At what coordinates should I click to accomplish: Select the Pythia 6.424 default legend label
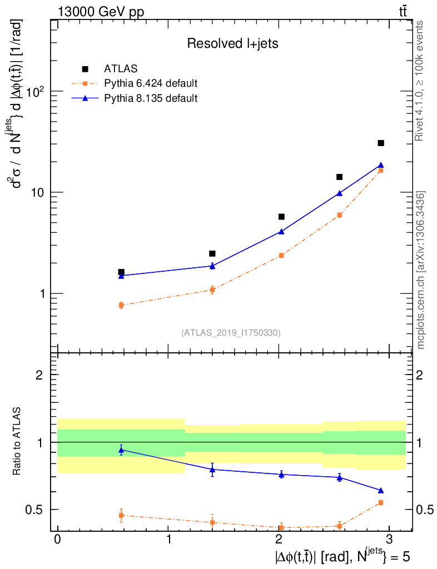click(151, 84)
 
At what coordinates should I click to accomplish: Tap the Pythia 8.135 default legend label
click(151, 99)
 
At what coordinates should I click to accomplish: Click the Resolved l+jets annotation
click(232, 44)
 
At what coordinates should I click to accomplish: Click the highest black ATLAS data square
click(381, 143)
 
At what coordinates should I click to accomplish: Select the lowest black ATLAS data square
click(121, 272)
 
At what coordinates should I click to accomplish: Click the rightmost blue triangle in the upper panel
click(381, 165)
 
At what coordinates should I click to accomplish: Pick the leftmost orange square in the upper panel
click(121, 305)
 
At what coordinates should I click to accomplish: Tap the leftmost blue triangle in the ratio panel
click(121, 450)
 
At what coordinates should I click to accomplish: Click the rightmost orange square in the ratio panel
click(381, 502)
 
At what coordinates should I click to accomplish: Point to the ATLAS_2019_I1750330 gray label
click(231, 333)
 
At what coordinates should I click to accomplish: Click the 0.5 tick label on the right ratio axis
click(423, 510)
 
